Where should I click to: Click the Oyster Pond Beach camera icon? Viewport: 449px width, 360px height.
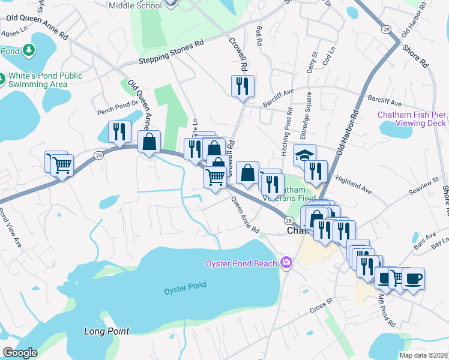point(286,263)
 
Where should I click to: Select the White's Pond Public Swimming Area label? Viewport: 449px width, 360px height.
point(45,80)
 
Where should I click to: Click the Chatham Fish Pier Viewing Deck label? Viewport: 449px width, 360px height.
point(412,119)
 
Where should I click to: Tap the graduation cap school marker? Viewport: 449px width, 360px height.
point(304,155)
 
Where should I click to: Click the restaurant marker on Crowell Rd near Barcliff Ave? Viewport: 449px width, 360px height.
point(243,86)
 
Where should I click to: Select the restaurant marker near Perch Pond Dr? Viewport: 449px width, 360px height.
point(119,131)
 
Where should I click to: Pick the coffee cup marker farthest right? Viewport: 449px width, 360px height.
point(413,278)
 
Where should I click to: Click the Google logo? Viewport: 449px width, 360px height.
point(19,353)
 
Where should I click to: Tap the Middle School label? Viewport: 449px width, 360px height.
point(136,5)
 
